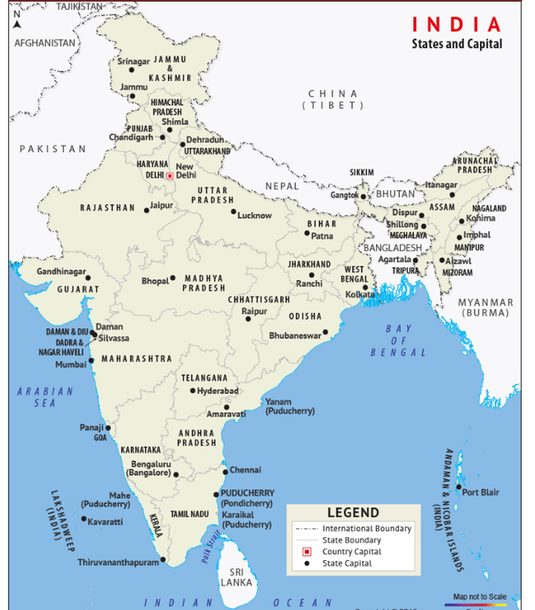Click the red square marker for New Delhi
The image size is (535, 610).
coord(170,175)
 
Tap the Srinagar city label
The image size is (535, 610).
coord(134,61)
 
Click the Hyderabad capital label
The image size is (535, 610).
coord(218,391)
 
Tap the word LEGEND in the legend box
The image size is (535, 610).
coord(353,512)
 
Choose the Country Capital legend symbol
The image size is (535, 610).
coord(306,552)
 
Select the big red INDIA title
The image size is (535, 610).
coord(456,24)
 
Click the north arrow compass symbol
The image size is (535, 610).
coord(16,20)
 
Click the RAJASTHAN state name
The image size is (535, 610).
coord(107,207)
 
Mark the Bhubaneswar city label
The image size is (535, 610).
coord(295,336)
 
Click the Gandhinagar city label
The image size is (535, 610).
coord(61,270)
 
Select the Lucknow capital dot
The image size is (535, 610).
coord(234,212)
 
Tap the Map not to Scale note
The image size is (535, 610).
coord(480,596)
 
